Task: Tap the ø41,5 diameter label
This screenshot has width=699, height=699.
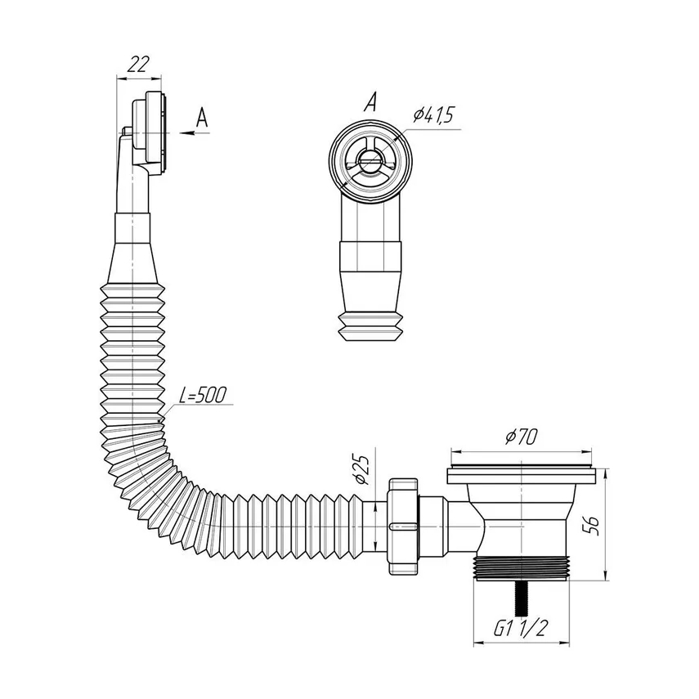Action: click(432, 114)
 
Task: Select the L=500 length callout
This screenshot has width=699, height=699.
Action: click(203, 395)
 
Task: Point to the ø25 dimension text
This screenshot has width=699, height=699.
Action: click(361, 470)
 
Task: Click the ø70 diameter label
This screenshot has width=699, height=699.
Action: click(521, 437)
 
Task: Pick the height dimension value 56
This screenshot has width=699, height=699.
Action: click(592, 525)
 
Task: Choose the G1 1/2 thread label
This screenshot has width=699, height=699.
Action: click(520, 628)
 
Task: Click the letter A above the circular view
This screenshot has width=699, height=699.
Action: click(370, 101)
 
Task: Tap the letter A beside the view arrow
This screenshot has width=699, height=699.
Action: click(203, 118)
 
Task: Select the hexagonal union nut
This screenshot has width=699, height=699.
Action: click(403, 526)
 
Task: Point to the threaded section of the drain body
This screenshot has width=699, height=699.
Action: click(522, 568)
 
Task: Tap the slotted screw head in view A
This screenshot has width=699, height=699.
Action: click(370, 159)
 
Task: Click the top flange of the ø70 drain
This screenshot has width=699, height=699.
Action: click(521, 474)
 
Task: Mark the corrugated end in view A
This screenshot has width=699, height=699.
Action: click(371, 327)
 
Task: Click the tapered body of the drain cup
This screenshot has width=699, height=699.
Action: click(522, 520)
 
